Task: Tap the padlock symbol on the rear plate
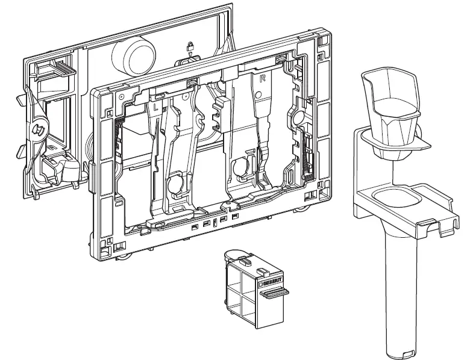[x=190, y=46]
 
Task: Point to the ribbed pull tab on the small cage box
[x=274, y=293]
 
